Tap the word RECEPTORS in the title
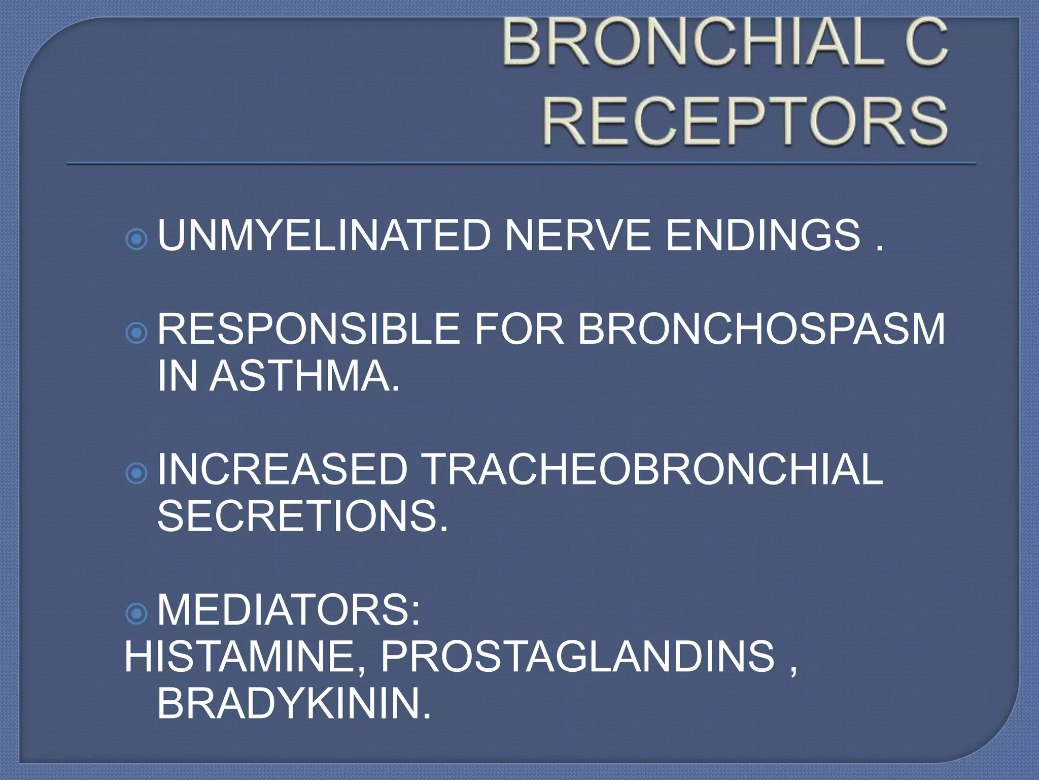pyautogui.click(x=745, y=121)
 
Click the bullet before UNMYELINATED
pyautogui.click(x=136, y=239)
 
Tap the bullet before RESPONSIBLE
pyautogui.click(x=136, y=333)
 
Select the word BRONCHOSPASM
pyautogui.click(x=761, y=329)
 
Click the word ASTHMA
pyautogui.click(x=304, y=376)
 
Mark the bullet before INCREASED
pyautogui.click(x=136, y=473)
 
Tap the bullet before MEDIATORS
pyautogui.click(x=136, y=614)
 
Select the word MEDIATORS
pyautogui.click(x=288, y=610)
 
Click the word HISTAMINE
pyautogui.click(x=245, y=657)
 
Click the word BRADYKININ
pyautogui.click(x=294, y=704)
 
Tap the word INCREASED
pyautogui.click(x=283, y=470)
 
